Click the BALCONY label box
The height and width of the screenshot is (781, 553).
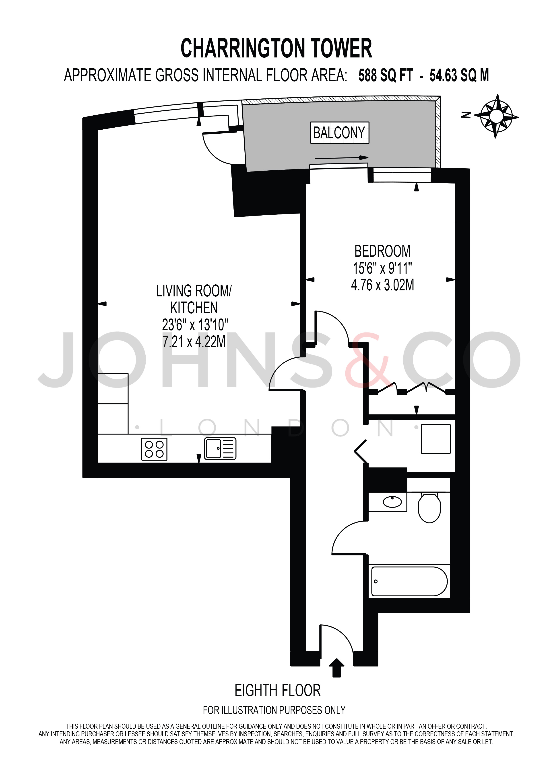click(340, 133)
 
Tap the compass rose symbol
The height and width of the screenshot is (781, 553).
click(497, 116)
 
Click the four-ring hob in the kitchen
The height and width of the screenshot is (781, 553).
click(154, 449)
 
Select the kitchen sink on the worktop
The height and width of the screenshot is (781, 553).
click(220, 448)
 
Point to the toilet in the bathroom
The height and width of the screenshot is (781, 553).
click(429, 507)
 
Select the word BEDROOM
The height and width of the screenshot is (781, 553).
click(382, 251)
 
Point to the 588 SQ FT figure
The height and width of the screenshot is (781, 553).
click(386, 75)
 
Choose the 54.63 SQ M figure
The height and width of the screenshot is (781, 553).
click(459, 75)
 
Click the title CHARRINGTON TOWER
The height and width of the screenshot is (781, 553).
click(276, 48)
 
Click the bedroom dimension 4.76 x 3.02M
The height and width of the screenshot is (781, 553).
click(382, 285)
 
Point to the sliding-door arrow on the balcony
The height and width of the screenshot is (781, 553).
click(342, 157)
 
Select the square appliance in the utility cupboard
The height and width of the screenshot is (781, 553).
click(436, 439)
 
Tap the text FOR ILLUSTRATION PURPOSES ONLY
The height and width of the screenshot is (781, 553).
click(274, 710)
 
